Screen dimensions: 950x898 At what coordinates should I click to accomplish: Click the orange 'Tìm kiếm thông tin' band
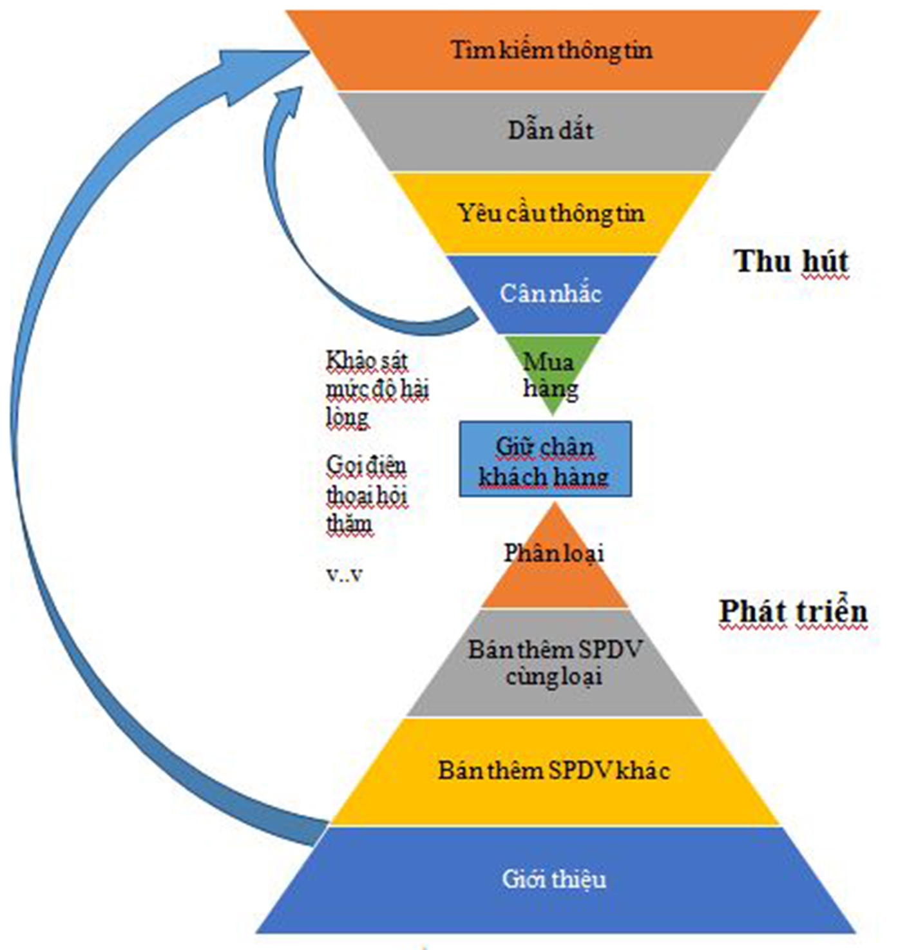pyautogui.click(x=552, y=50)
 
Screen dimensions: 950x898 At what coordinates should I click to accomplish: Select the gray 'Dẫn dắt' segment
pyautogui.click(x=551, y=131)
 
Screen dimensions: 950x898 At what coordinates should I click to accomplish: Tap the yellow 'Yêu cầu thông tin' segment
pyautogui.click(x=551, y=213)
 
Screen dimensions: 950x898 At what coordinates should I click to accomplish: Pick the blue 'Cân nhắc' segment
pyautogui.click(x=551, y=294)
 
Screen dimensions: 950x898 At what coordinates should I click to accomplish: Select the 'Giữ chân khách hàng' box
pyautogui.click(x=545, y=459)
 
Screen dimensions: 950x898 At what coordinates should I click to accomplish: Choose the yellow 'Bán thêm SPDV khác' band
pyautogui.click(x=554, y=771)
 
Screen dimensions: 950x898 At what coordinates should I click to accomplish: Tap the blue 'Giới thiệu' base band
pyautogui.click(x=554, y=879)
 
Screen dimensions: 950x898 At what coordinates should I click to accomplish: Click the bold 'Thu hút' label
pyautogui.click(x=791, y=261)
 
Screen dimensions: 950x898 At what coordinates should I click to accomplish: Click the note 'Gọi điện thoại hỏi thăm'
pyautogui.click(x=367, y=495)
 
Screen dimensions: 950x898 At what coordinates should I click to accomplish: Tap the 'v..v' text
pyautogui.click(x=344, y=575)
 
